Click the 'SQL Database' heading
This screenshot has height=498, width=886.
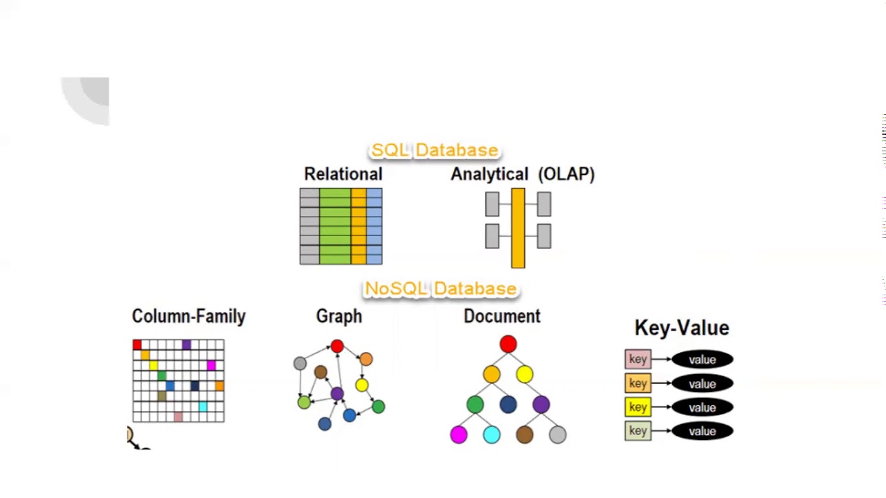[x=434, y=150]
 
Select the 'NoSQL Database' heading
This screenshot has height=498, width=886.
[x=440, y=288]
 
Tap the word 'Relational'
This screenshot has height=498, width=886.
[x=343, y=174]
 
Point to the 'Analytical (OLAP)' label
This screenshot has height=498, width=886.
[x=522, y=174]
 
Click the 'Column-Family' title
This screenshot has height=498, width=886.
[x=188, y=316]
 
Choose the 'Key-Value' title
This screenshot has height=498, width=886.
[x=681, y=328]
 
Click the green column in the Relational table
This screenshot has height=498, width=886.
[x=335, y=226]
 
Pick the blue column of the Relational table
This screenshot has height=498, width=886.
[x=374, y=226]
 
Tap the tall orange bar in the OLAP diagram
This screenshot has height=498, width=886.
[x=518, y=228]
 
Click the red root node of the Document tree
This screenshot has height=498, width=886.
[x=508, y=344]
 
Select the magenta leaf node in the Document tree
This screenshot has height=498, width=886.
[x=458, y=434]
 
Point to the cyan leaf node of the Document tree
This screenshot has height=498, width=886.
[x=491, y=434]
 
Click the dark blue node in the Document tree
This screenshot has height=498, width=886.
[x=508, y=405]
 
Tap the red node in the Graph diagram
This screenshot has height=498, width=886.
[x=337, y=346]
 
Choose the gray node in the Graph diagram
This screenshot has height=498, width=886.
[x=300, y=363]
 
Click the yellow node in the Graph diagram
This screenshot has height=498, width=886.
[x=361, y=385]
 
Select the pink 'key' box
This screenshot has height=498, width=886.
[x=638, y=360]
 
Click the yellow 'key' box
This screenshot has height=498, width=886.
[x=638, y=407]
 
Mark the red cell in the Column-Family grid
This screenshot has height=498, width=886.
[x=137, y=344]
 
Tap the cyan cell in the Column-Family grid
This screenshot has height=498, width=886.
[x=203, y=407]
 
